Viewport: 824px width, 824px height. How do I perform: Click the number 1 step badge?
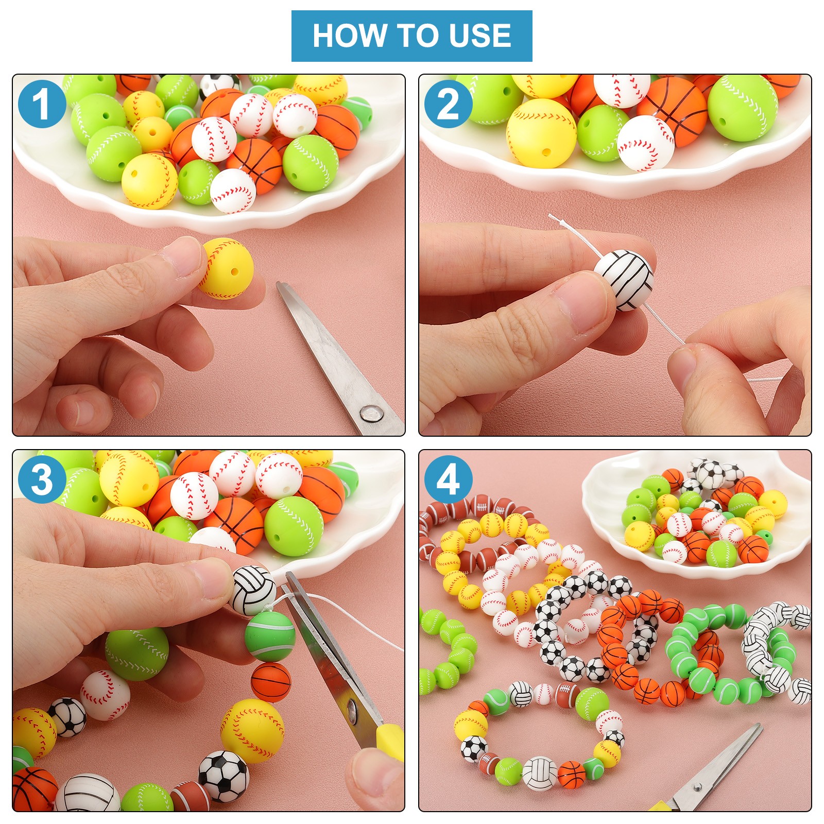click(42, 105)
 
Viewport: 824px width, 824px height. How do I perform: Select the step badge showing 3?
click(42, 479)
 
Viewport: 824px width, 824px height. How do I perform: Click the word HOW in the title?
click(350, 36)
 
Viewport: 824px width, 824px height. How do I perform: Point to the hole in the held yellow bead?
click(235, 272)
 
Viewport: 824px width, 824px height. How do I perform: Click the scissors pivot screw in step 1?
click(369, 412)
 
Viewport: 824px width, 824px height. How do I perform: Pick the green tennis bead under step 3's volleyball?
click(270, 636)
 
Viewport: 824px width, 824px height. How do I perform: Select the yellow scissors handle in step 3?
click(390, 742)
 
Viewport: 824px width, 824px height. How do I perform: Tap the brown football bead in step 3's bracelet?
click(190, 796)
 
